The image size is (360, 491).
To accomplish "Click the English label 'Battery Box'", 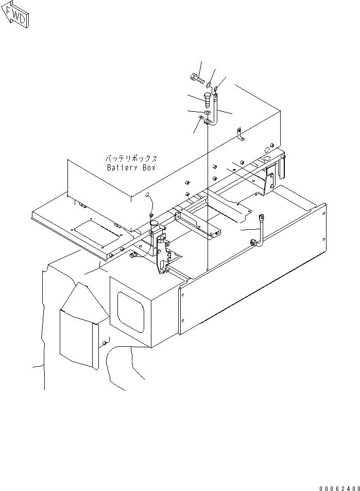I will (x=131, y=168).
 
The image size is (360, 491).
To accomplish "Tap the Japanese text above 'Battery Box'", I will (x=131, y=159).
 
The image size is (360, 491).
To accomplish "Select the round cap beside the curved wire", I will (x=153, y=223).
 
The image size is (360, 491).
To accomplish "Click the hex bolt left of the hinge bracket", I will (x=134, y=255).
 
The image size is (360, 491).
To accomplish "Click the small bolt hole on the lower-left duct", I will (x=106, y=343).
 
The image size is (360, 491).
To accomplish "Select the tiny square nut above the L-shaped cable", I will (x=217, y=90).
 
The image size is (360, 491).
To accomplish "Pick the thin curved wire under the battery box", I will (x=149, y=204).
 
